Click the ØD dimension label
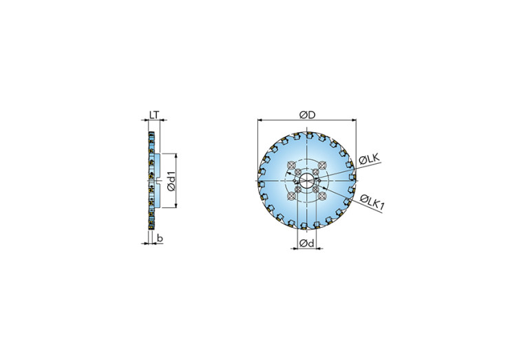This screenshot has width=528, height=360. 307,115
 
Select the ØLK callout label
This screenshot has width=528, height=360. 370,159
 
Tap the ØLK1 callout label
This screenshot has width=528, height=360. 372,202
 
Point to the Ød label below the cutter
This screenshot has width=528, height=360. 306,243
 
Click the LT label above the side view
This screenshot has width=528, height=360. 154,115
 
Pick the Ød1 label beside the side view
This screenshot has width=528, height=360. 171,181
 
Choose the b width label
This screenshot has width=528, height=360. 160,238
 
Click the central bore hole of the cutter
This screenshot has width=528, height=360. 307,181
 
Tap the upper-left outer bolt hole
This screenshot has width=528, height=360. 291,165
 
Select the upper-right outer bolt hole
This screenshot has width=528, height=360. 322,165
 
